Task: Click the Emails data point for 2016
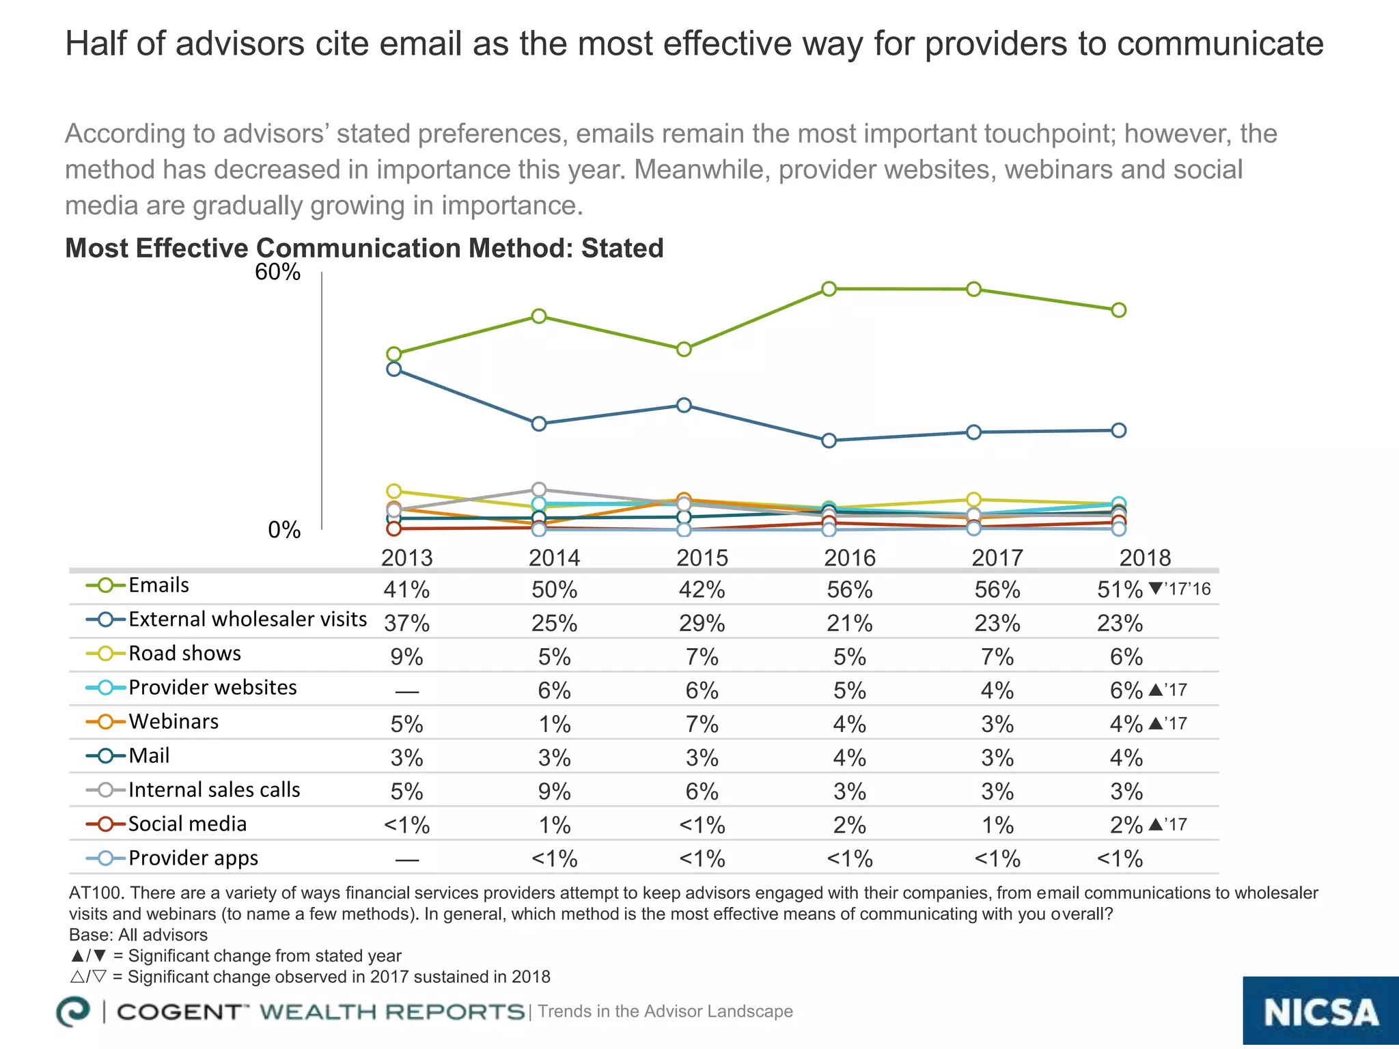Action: click(829, 289)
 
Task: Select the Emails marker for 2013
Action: click(394, 354)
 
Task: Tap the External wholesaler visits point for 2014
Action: click(539, 423)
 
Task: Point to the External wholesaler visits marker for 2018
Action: click(1119, 430)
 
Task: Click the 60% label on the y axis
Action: click(277, 272)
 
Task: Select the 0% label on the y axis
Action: click(284, 530)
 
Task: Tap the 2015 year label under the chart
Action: click(702, 558)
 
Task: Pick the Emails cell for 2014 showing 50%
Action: click(554, 589)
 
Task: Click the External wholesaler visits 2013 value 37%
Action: click(406, 623)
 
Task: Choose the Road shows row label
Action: click(184, 654)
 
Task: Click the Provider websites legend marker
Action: click(106, 688)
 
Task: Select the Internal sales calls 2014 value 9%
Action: click(554, 792)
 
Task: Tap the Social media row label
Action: click(187, 824)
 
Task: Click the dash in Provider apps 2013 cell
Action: click(406, 860)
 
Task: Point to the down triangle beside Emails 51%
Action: click(1155, 588)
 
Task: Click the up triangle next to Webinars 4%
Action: click(1156, 723)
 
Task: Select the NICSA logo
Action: click(1320, 1012)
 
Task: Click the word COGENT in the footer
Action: click(179, 1011)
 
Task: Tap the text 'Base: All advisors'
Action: click(138, 935)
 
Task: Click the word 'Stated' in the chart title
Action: click(622, 249)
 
